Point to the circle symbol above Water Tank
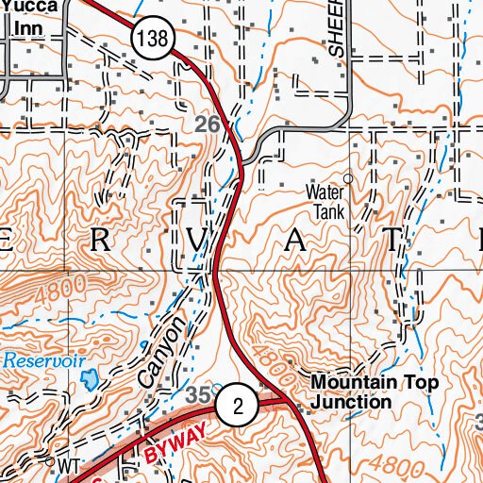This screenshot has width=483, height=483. point(347,177)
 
